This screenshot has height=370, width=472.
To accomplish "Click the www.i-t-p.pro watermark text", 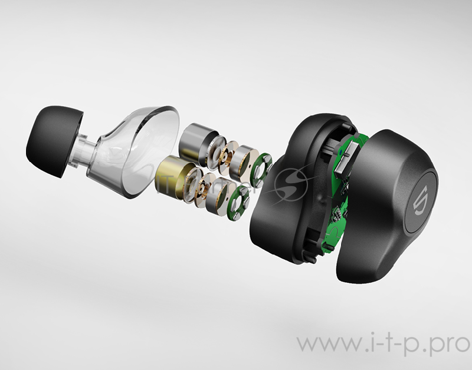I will (x=383, y=343).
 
